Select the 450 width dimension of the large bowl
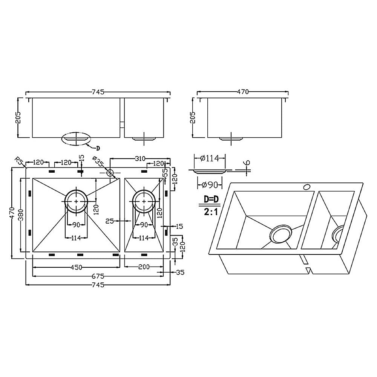pos(77,267)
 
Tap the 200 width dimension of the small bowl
pos(143,267)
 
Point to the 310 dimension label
pos(140,159)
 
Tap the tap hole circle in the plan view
pos(110,173)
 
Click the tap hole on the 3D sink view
pos(307,186)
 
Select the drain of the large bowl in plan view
pos(77,201)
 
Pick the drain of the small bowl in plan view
pos(143,201)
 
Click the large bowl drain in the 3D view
pos(280,235)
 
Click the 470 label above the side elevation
pos(243,91)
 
